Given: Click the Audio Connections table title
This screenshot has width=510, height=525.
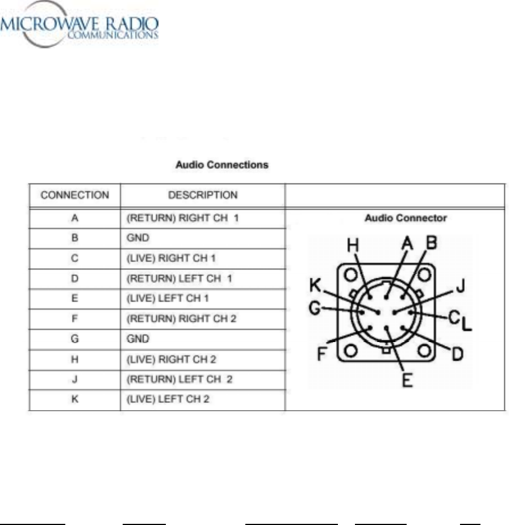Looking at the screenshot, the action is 221,165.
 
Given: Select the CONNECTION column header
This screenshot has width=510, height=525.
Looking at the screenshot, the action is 75,195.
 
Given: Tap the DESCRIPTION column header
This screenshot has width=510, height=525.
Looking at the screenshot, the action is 203,195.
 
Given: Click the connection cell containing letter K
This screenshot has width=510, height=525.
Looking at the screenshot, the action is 75,399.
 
